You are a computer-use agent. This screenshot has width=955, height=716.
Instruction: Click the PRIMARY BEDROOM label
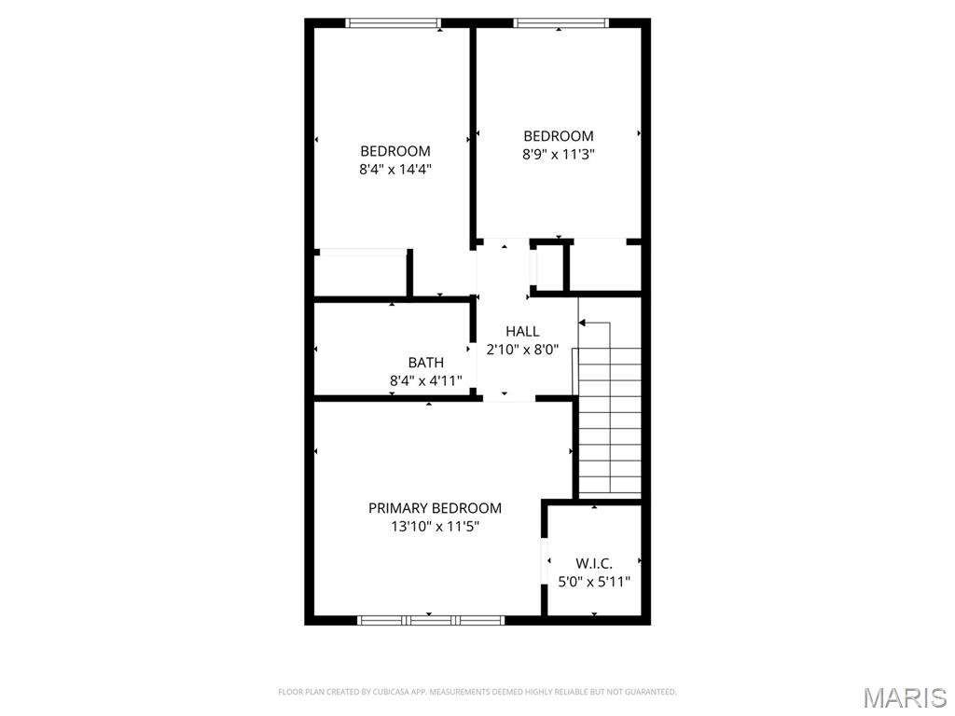point(435,508)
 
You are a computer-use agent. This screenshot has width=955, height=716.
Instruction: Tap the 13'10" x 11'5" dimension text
point(435,526)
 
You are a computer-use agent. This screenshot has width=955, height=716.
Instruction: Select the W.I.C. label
point(593,563)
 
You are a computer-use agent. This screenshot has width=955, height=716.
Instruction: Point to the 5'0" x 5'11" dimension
point(593,582)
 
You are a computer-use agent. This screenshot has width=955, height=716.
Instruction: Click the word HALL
point(522,331)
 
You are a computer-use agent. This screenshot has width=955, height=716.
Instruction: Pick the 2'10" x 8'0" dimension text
point(522,350)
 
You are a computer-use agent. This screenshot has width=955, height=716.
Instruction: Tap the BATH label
point(425,363)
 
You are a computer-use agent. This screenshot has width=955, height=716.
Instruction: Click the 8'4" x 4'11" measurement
point(425,380)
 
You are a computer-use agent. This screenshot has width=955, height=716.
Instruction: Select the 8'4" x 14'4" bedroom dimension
point(395,170)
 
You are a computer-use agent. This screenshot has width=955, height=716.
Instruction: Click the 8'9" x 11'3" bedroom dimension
point(558,154)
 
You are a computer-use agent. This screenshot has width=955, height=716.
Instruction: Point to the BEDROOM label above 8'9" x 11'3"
point(558,136)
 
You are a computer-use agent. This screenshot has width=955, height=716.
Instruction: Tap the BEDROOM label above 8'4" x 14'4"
point(395,151)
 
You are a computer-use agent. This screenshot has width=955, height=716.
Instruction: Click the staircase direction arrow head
point(582,324)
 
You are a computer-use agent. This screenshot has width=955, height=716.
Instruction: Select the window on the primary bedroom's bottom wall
point(431,619)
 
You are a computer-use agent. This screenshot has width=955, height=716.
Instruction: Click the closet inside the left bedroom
point(360,274)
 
